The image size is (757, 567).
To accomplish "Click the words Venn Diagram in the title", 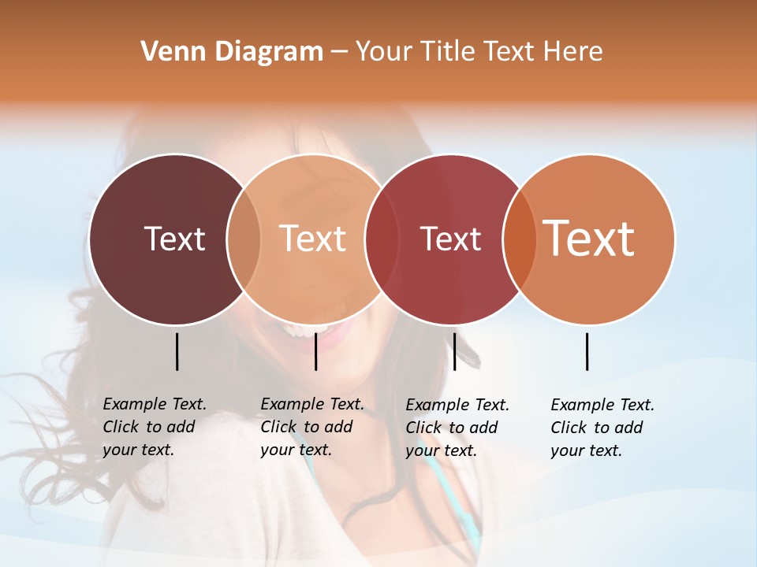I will point(232,52).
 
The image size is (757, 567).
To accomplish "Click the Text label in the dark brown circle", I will point(174,239).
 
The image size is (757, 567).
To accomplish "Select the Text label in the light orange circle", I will point(312,239).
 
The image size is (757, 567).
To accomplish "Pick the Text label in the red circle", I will point(450,239).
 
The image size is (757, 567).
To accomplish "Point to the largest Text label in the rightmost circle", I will point(589,239).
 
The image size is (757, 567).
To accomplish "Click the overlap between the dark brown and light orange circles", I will point(244,239).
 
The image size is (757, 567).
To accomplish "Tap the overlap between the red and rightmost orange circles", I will point(520,239).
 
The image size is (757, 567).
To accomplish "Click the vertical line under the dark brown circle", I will point(177,351).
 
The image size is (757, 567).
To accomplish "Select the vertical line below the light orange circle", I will point(315,351).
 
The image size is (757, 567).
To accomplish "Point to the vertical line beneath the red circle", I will point(454,351).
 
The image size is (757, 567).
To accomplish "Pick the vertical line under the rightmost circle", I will point(587,351).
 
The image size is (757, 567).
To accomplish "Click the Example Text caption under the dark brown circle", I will point(155,427).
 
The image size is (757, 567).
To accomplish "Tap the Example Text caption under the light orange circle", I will point(312,427).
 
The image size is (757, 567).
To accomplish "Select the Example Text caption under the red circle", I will point(457,428).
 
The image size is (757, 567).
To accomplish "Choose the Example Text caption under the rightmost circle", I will point(602,428).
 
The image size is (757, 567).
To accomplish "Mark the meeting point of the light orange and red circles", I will point(381,239).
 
